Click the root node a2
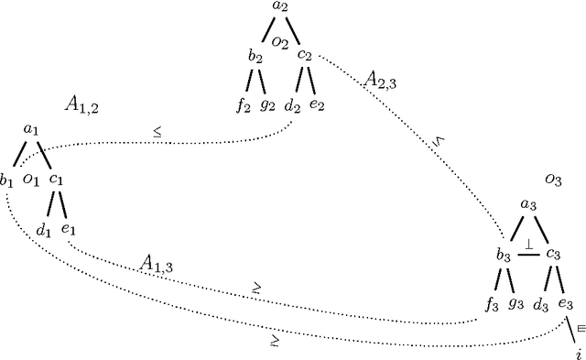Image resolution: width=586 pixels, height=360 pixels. point(280,9)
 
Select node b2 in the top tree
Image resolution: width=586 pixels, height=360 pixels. point(255,56)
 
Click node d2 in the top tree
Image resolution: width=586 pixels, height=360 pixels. point(293,104)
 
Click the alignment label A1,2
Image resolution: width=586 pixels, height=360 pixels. point(81,105)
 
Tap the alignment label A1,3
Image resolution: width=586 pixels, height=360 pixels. point(157,263)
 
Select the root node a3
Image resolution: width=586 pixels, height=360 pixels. point(528,206)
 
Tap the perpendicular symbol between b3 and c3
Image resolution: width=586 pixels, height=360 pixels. point(528,245)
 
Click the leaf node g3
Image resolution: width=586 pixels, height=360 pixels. point(517,301)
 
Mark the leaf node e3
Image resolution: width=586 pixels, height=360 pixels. point(566,301)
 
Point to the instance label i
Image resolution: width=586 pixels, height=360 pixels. point(578,353)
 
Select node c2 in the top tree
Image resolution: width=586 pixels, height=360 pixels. point(306,56)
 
